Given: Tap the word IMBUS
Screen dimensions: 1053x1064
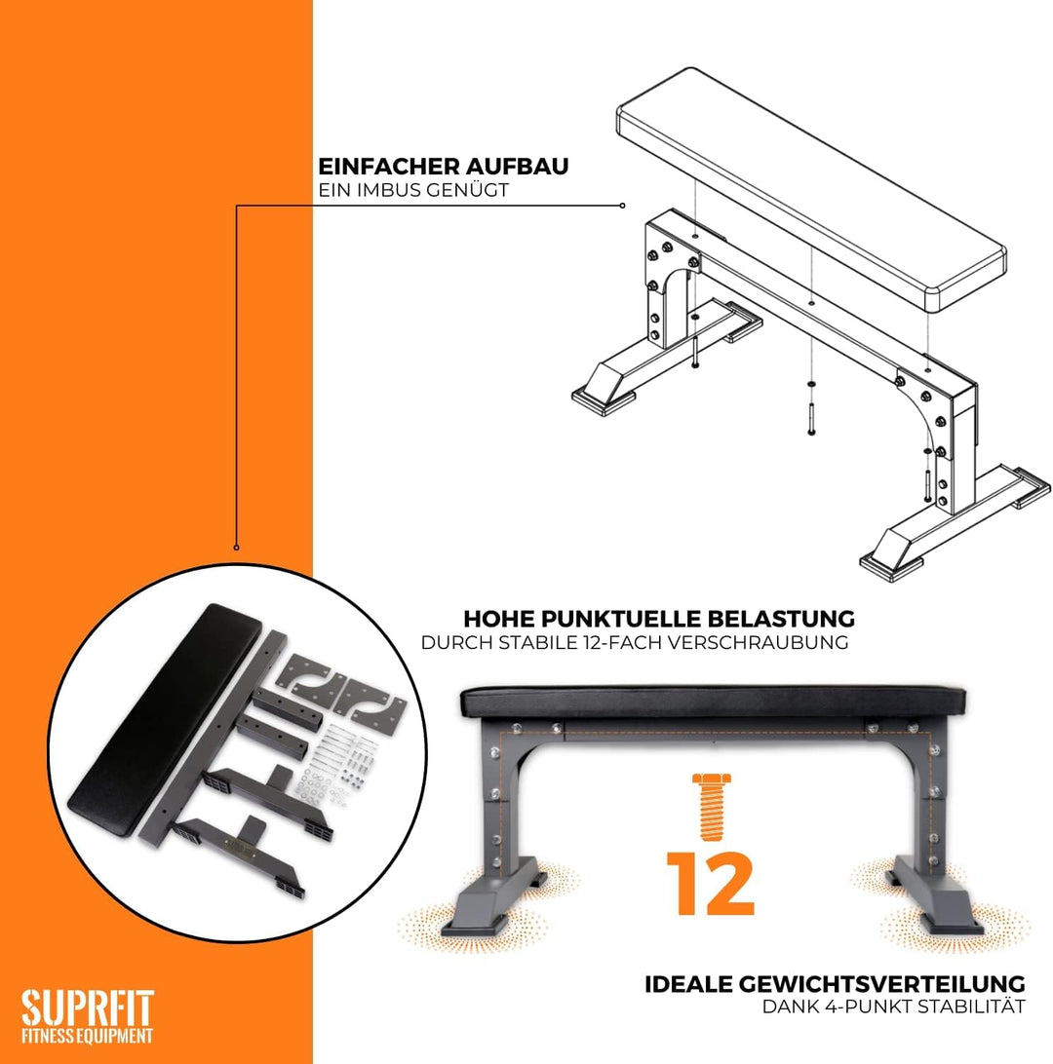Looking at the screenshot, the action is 386,190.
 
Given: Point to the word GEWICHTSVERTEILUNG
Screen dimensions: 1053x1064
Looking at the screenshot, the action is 881,984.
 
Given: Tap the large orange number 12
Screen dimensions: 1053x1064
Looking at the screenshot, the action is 711,883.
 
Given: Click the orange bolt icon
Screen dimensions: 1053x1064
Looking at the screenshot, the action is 711,807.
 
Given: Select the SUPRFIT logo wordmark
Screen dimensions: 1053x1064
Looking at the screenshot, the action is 88,1008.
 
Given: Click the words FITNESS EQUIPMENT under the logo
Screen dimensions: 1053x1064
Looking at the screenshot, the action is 87,1036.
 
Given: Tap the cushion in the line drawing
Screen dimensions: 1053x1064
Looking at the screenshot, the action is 811,189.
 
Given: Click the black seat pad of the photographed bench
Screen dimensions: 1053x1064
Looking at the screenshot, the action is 713,703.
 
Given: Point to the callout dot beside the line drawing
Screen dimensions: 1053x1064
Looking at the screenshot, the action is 623,206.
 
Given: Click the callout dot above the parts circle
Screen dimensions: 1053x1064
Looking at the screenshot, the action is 236,547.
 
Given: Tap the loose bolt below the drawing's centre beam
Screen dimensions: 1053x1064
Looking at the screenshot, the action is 810,419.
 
